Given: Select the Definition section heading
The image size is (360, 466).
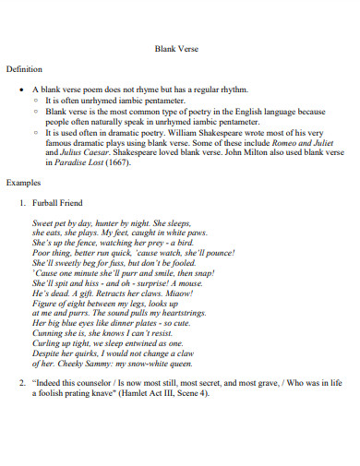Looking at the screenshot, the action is coord(25,69).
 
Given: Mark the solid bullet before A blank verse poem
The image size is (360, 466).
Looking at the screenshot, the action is coord(19,90).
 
